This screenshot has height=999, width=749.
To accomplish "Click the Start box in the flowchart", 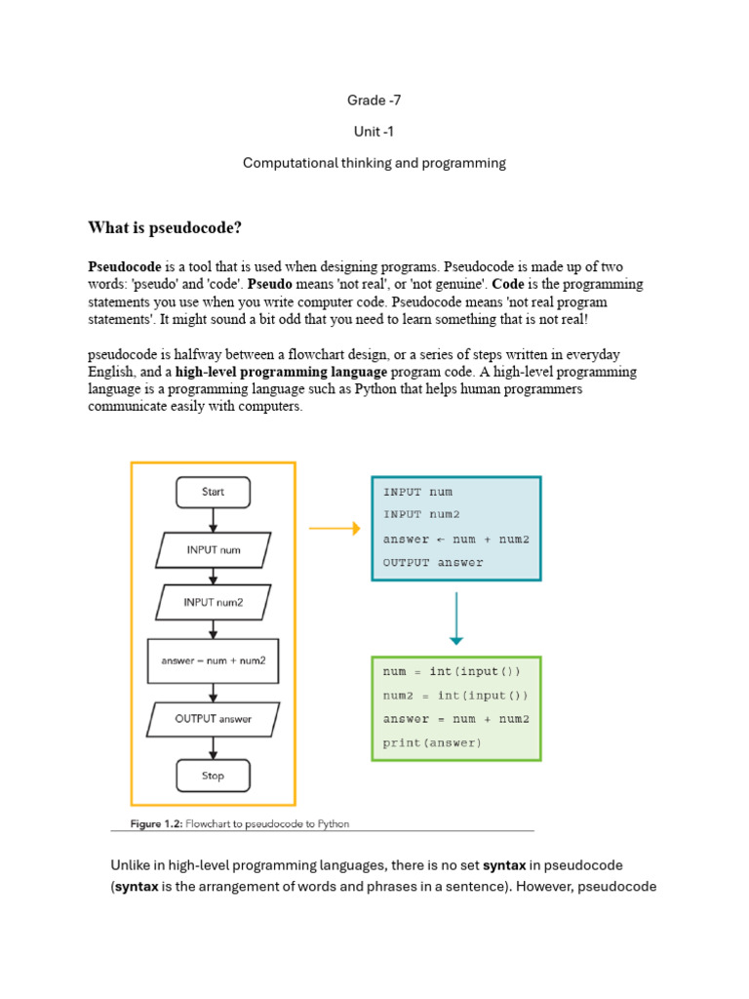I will coord(213,492).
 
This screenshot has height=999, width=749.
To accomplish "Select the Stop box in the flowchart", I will coord(213,776).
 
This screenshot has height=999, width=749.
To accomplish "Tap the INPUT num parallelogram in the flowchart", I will coord(213,549).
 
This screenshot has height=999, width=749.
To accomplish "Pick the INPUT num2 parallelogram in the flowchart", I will coord(213,602).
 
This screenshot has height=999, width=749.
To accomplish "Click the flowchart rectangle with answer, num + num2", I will coord(213,660).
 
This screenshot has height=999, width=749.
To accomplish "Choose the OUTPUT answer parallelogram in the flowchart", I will coord(213,719).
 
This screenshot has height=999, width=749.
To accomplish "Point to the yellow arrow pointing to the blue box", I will coord(335,529).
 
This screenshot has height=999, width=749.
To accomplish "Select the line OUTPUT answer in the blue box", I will coord(433,562).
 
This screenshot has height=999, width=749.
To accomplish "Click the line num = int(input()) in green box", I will coord(452,671).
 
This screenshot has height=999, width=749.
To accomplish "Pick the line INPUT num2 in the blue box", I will coord(421,514).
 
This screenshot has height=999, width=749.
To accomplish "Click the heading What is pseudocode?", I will coord(165,228).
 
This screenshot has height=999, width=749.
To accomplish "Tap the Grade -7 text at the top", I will coord(374,100).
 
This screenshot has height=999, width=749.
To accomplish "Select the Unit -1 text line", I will coord(374,131).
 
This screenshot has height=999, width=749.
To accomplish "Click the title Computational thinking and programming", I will coord(374,163).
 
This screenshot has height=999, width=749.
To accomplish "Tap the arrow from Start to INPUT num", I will coord(213,520).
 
